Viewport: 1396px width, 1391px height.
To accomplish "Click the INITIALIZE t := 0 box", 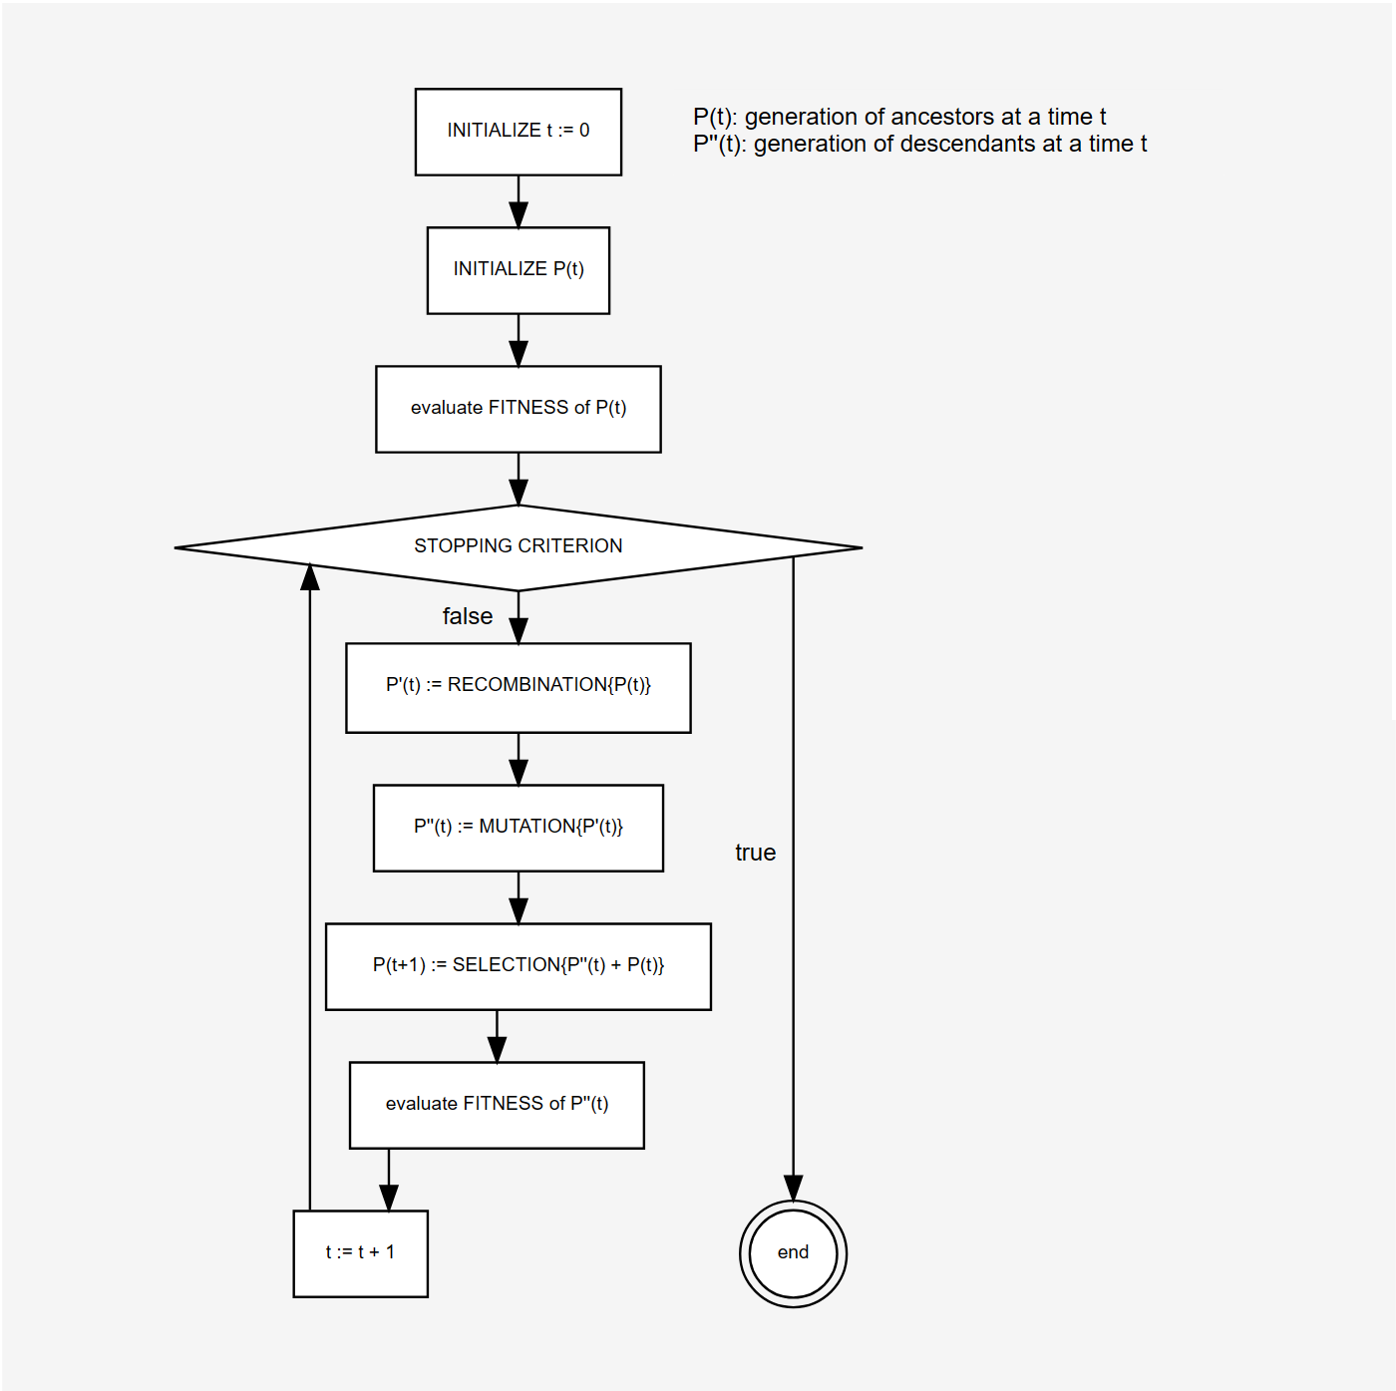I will [519, 132].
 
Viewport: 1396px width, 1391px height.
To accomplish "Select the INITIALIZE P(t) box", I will [519, 270].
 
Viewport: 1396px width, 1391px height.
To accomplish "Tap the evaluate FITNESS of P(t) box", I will [519, 409].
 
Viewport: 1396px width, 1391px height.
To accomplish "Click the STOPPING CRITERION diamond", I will [519, 547].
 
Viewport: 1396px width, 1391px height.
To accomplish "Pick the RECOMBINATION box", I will [519, 687].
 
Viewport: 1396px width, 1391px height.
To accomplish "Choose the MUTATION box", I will [519, 828].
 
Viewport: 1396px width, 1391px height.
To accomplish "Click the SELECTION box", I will [519, 966].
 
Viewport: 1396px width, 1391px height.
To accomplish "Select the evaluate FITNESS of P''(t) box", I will [497, 1105].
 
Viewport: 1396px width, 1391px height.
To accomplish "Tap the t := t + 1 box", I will [360, 1253].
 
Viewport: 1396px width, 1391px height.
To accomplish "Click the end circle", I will [793, 1253].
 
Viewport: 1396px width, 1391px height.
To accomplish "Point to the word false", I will [468, 616].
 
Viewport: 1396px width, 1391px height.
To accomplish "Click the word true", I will [755, 853].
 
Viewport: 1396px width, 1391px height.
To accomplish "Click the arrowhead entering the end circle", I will [793, 1189].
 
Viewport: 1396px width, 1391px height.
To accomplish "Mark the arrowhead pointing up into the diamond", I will [310, 577].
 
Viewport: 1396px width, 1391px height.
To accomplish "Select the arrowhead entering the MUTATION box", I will [519, 772].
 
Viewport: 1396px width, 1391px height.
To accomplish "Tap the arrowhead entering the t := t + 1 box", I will [389, 1198].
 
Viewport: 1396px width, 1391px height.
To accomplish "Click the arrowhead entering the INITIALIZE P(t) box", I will [519, 214].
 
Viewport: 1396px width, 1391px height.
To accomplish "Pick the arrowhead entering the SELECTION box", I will [519, 910].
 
